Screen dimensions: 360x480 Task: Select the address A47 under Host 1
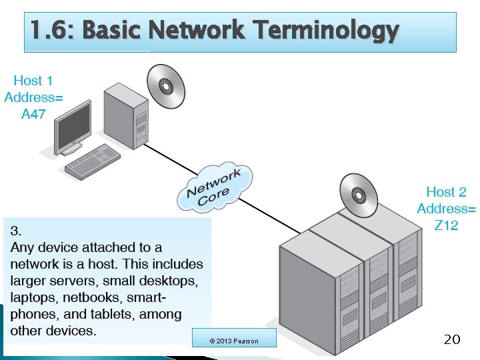point(33,114)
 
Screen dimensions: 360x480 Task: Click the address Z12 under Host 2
point(446,225)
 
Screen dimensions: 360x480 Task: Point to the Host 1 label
point(33,81)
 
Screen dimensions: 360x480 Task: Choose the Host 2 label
point(446,192)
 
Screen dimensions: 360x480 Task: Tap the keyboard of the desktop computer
point(93,162)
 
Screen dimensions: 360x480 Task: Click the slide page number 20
point(451,340)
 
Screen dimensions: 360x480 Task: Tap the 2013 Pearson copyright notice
point(233,341)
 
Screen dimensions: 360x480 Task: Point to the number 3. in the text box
point(16,231)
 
